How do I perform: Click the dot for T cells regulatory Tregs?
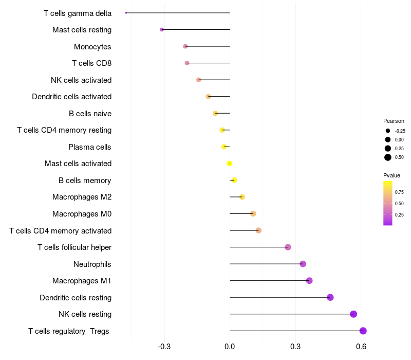click(x=363, y=331)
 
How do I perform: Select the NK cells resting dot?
click(x=353, y=314)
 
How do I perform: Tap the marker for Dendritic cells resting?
click(x=330, y=297)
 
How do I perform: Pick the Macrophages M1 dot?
click(x=309, y=280)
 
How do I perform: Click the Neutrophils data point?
click(x=303, y=264)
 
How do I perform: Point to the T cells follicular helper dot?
click(x=288, y=247)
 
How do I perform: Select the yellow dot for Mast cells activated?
click(x=230, y=164)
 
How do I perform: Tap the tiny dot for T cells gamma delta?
click(x=126, y=13)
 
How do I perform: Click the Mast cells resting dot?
click(x=162, y=29)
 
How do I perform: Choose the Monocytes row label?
click(x=92, y=47)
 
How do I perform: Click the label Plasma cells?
click(x=89, y=147)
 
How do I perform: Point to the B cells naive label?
click(x=90, y=114)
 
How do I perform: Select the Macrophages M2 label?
click(x=82, y=197)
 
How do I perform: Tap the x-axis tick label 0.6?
click(x=361, y=347)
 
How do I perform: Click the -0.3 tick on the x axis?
click(x=164, y=347)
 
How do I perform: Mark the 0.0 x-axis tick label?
click(x=230, y=347)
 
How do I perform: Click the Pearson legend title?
click(x=394, y=121)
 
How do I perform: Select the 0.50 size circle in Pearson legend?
click(x=388, y=157)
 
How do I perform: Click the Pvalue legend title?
click(x=392, y=175)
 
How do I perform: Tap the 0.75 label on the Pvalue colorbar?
click(x=399, y=192)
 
